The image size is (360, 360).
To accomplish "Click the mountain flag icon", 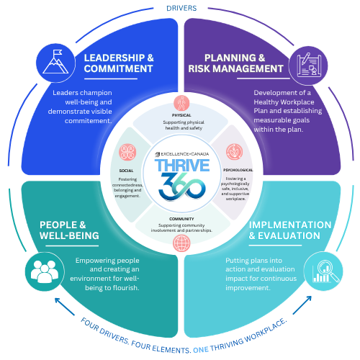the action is click(55, 62).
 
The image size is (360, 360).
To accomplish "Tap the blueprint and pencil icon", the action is click(309, 65).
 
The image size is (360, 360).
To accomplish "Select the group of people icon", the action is click(45, 271).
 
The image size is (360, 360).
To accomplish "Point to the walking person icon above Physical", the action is click(181, 103).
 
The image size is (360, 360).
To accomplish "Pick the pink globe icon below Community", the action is click(181, 243).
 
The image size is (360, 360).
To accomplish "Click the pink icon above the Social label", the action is click(127, 152).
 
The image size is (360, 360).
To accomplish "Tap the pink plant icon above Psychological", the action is click(235, 152).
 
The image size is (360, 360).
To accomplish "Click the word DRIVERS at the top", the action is click(181, 8).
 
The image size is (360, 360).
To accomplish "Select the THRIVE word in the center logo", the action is click(182, 166).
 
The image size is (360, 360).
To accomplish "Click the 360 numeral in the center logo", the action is click(182, 186).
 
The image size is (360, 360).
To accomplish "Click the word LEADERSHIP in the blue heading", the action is click(114, 58).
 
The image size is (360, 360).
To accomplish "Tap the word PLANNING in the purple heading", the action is click(227, 58).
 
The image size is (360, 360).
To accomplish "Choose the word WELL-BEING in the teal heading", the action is click(69, 235).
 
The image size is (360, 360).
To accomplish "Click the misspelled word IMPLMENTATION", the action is click(290, 225).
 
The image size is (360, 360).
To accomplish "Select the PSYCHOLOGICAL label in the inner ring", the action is click(238, 170).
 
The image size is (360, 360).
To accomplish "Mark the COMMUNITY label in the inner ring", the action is click(181, 219).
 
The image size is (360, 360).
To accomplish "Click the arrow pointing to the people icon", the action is click(65, 307).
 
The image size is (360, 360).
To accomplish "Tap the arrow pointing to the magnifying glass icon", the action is click(302, 305).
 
